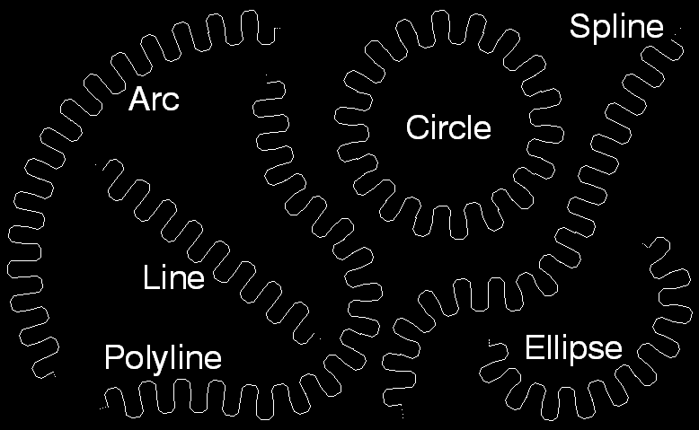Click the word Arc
[154, 99]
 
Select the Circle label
[448, 127]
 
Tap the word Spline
[615, 28]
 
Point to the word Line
[173, 277]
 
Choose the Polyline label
[163, 357]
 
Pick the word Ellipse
[573, 347]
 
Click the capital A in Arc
[138, 99]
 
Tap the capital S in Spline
[580, 26]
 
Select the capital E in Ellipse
[533, 347]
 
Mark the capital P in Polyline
[113, 357]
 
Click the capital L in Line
[150, 277]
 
